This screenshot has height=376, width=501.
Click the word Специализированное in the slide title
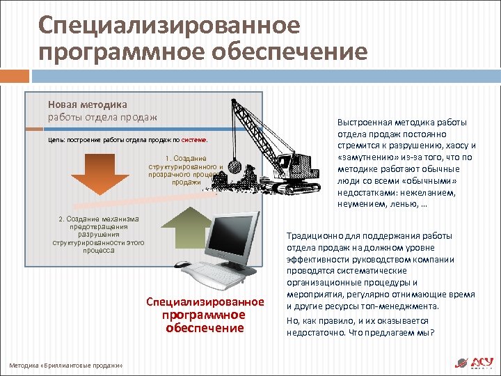coord(170,25)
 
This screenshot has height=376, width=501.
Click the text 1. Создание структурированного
coord(185,163)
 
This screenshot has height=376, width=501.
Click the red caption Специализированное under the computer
coord(205,301)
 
